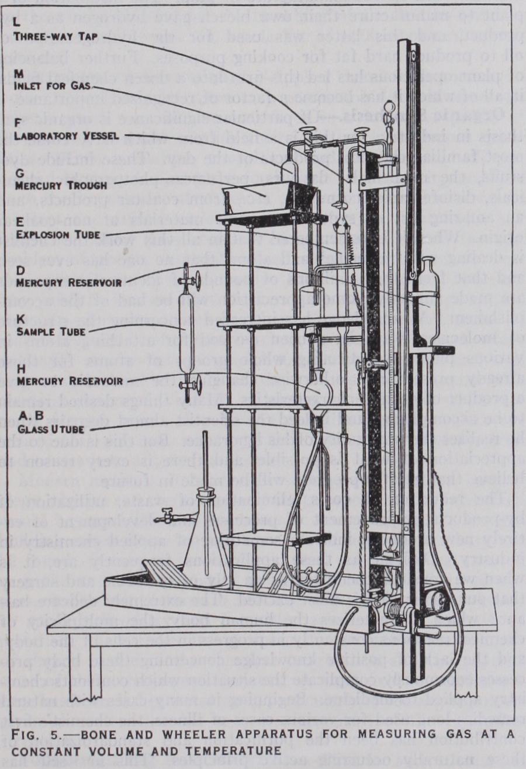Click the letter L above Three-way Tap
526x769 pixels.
pyautogui.click(x=18, y=25)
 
